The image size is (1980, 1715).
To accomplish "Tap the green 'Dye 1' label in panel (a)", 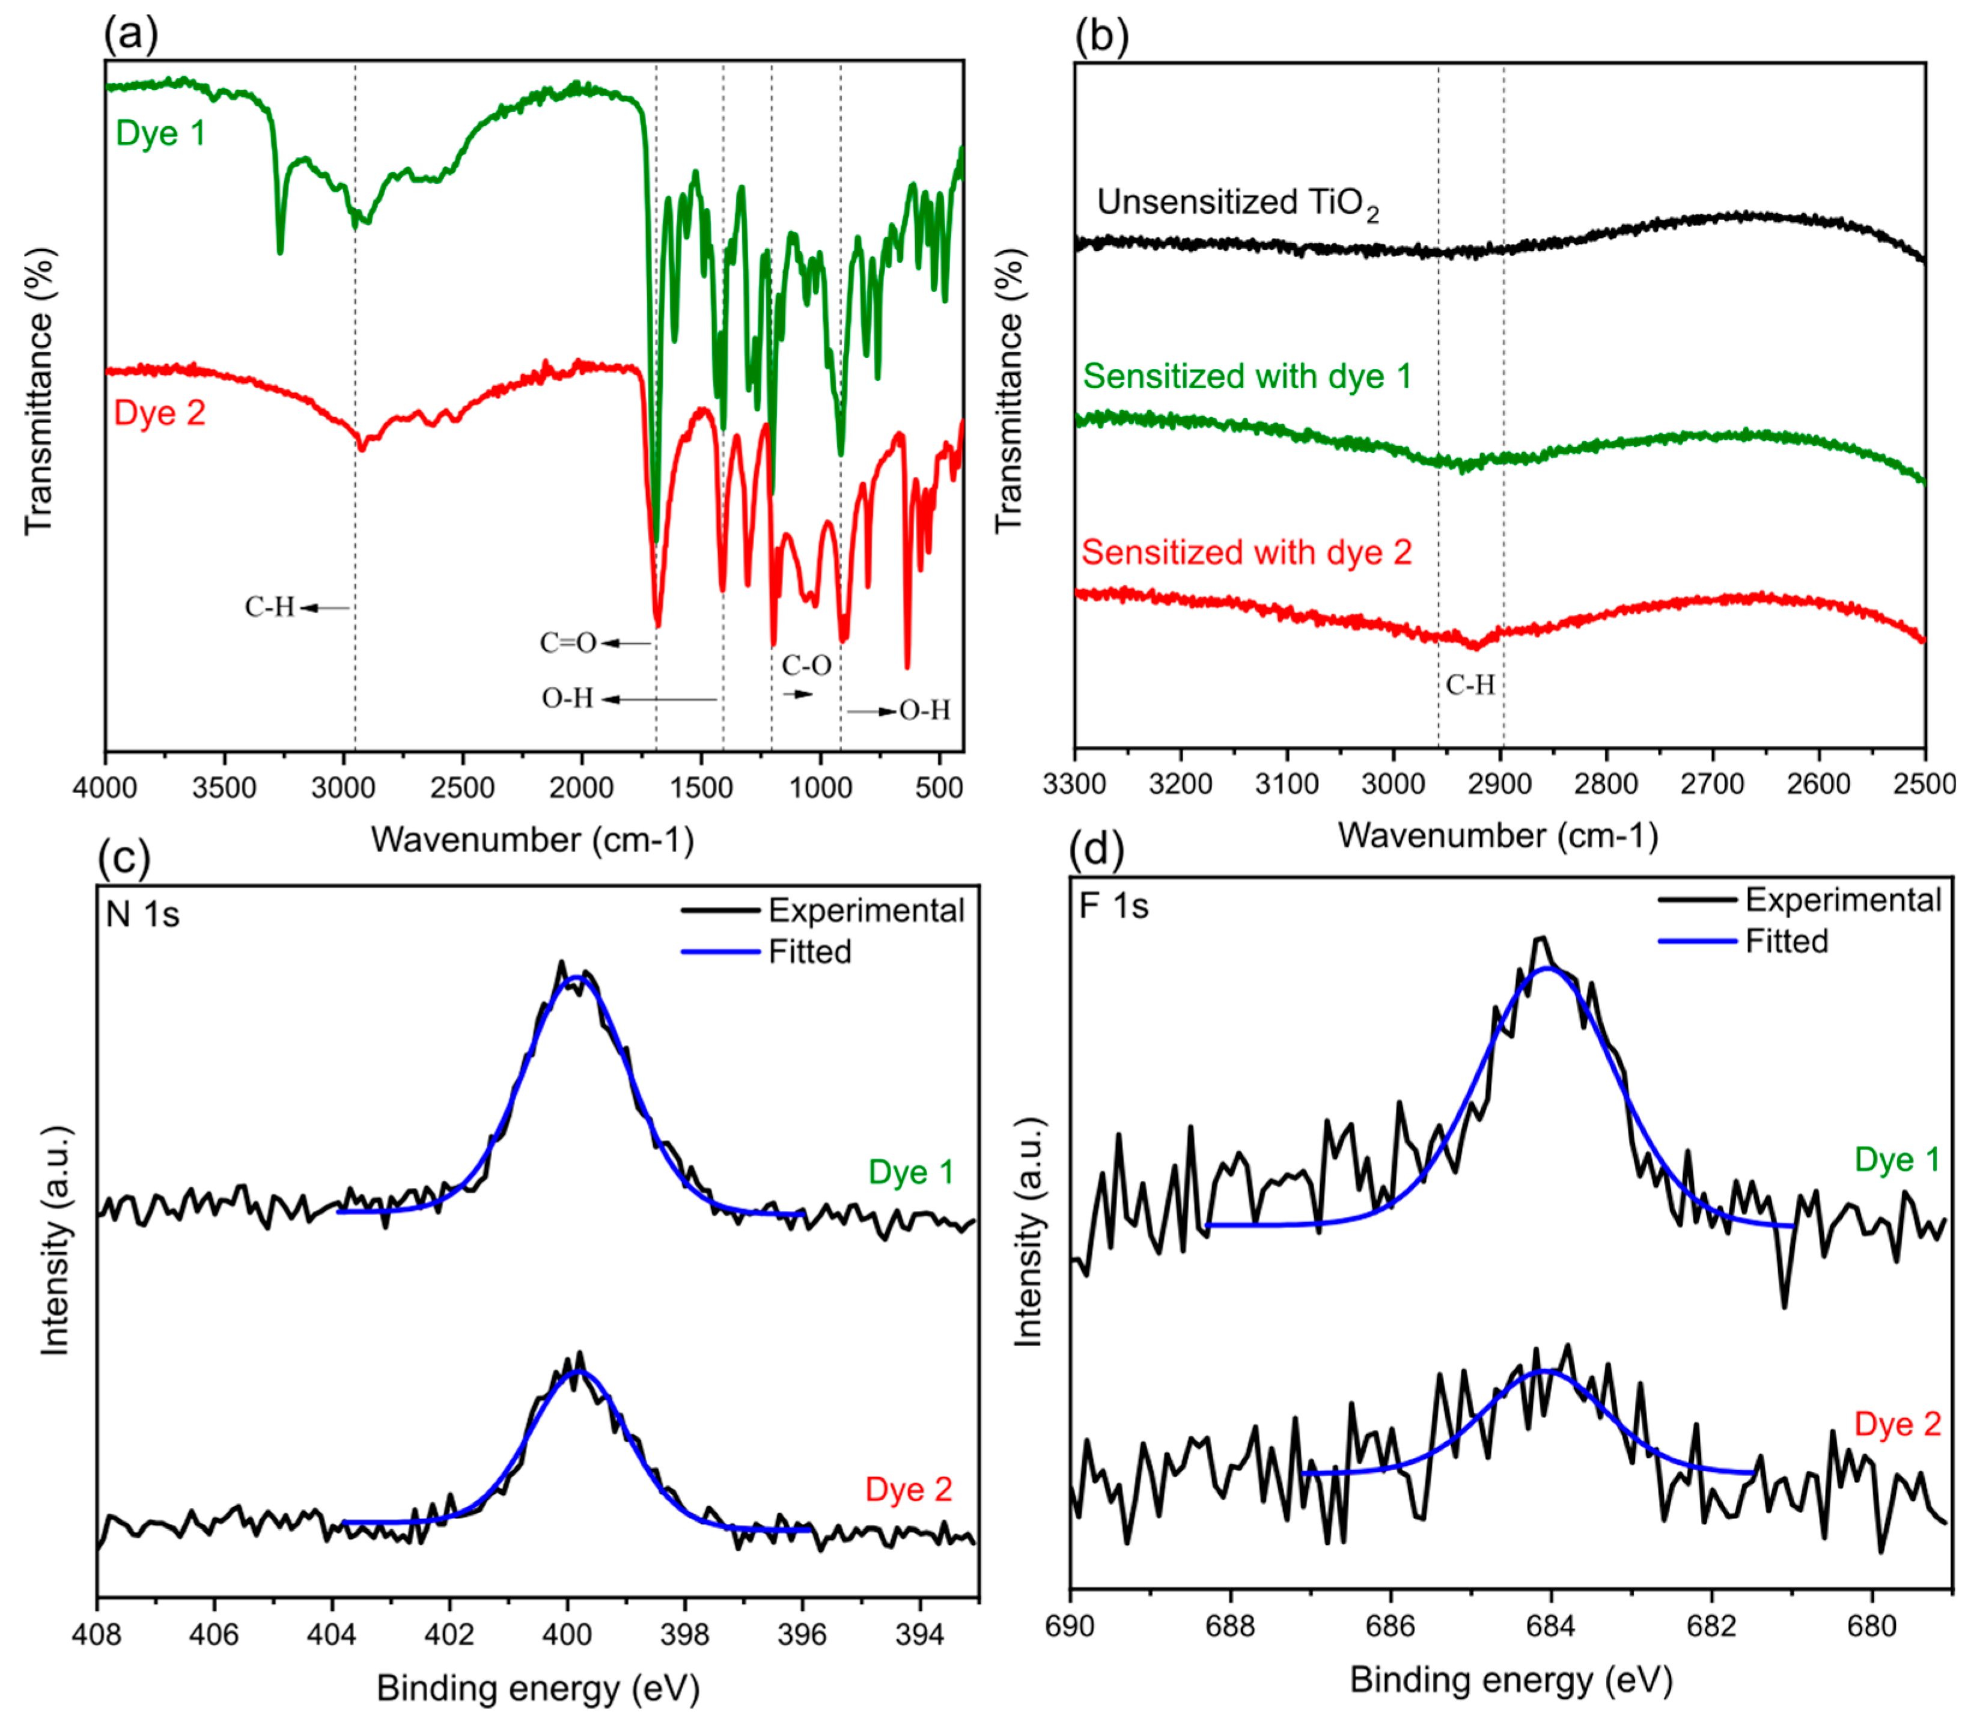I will click(x=161, y=133).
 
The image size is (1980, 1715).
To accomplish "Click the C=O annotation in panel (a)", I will click(x=567, y=643).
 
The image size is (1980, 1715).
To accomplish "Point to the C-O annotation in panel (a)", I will click(x=806, y=665).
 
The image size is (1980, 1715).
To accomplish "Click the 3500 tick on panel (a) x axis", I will click(x=224, y=788).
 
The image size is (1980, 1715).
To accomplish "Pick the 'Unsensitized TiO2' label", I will click(x=1237, y=203).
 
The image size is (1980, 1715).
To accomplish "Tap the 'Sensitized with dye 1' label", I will click(x=1246, y=376).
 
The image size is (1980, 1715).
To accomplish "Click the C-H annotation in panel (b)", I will click(x=1469, y=685).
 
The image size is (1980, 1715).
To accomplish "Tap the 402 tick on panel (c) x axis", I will click(x=450, y=1634).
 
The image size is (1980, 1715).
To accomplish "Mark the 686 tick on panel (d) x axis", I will click(x=1389, y=1626).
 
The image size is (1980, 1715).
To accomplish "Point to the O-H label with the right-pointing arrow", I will click(x=924, y=710).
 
